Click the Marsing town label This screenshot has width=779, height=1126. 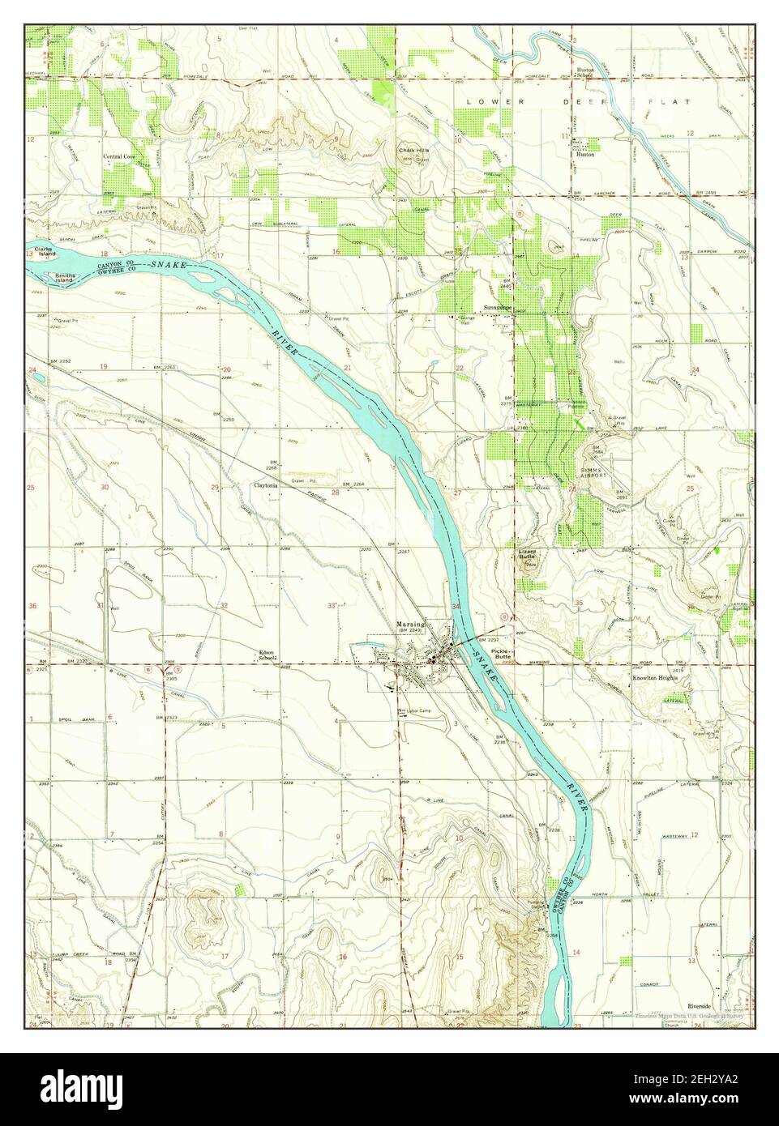411,625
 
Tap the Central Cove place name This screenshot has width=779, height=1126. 119,157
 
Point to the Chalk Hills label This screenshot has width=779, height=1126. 413,151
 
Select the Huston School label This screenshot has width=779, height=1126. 584,72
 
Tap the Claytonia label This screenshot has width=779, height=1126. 267,486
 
